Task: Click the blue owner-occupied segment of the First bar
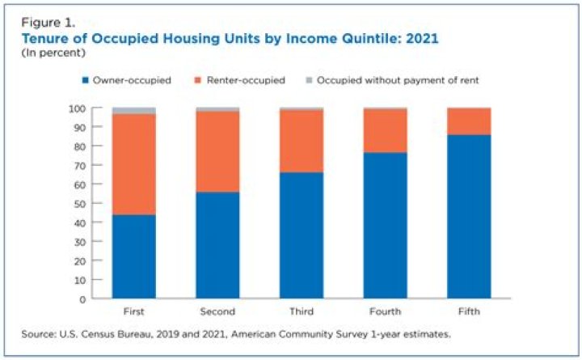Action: tap(134, 256)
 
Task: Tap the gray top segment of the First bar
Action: tap(134, 111)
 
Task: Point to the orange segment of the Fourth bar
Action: tap(386, 130)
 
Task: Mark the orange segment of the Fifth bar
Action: tap(470, 121)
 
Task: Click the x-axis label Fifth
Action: tap(470, 311)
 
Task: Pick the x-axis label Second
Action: tap(218, 311)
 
